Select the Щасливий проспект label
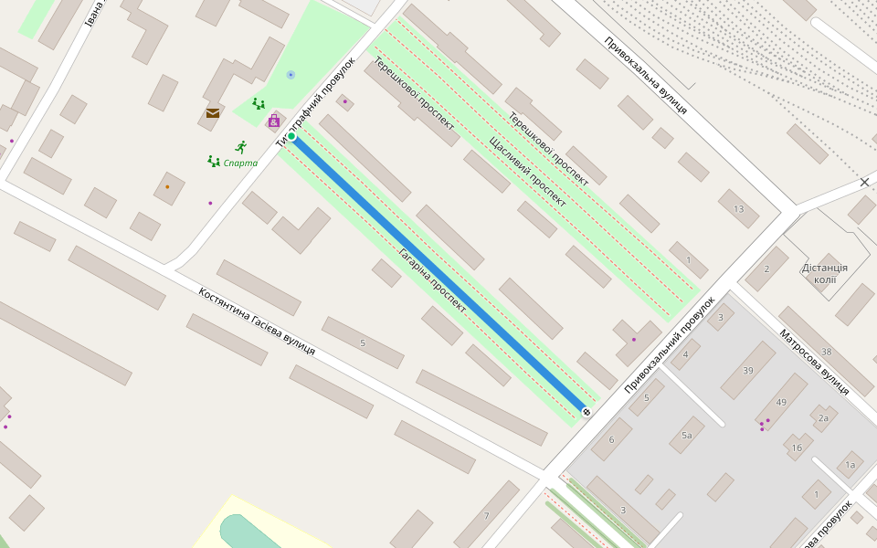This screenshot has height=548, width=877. [527, 173]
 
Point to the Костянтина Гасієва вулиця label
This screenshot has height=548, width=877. [257, 321]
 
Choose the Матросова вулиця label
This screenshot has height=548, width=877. [814, 362]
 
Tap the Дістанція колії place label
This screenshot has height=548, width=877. [825, 273]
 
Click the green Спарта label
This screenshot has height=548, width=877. [240, 163]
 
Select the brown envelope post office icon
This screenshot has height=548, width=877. [213, 113]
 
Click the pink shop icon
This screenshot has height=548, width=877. [273, 121]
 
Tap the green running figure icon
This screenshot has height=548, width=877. [241, 146]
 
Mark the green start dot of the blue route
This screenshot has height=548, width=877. [291, 137]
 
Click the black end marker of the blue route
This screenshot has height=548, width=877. [586, 413]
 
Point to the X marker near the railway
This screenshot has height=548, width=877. [864, 183]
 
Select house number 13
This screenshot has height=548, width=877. [738, 209]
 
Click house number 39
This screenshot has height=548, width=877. [748, 370]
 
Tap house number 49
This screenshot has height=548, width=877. [781, 402]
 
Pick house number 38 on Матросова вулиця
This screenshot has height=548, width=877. [826, 352]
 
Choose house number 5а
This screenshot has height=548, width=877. [686, 436]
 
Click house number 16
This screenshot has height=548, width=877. [797, 448]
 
